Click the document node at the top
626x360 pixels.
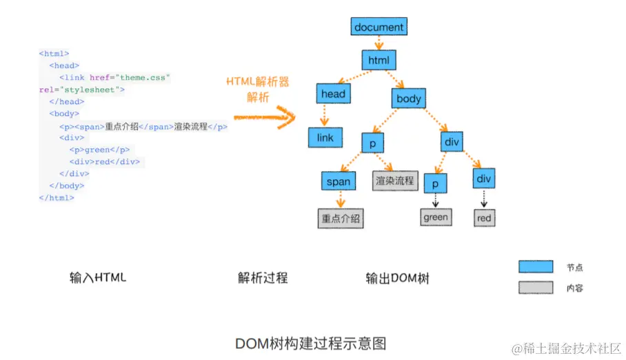click(378, 28)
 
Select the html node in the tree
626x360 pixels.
click(378, 60)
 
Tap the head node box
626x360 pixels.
click(333, 94)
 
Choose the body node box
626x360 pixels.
click(408, 99)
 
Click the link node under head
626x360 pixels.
click(325, 137)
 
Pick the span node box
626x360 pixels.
click(339, 182)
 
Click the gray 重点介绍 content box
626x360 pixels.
click(341, 219)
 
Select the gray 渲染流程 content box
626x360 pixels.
click(395, 181)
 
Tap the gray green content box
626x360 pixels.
click(436, 217)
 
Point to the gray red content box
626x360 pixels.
click(484, 218)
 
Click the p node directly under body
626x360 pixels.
click(372, 143)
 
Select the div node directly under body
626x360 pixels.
click(452, 142)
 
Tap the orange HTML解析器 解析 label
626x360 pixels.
click(258, 89)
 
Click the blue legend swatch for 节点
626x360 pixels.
click(536, 267)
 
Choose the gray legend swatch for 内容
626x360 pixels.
click(536, 288)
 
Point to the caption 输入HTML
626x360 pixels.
click(98, 278)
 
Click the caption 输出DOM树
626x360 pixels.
click(398, 279)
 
